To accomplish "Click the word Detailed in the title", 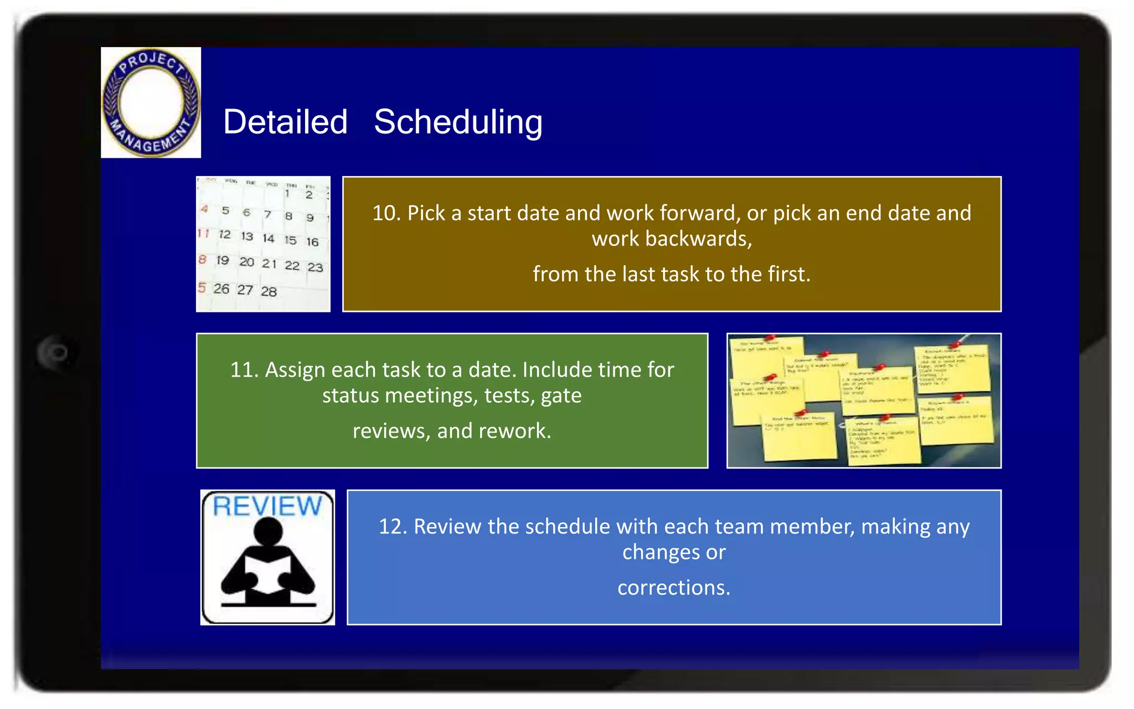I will click(x=285, y=122).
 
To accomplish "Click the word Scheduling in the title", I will click(x=458, y=122).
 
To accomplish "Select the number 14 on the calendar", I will click(x=269, y=238).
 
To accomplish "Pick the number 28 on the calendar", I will click(x=269, y=291).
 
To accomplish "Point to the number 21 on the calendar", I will click(x=269, y=264).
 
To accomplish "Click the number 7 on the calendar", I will click(x=267, y=214).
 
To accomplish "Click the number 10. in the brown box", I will click(x=386, y=213).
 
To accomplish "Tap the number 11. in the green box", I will click(x=244, y=370).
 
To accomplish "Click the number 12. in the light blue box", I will click(x=393, y=527).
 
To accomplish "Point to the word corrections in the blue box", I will click(x=673, y=588).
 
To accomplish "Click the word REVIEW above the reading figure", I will click(x=267, y=506).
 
